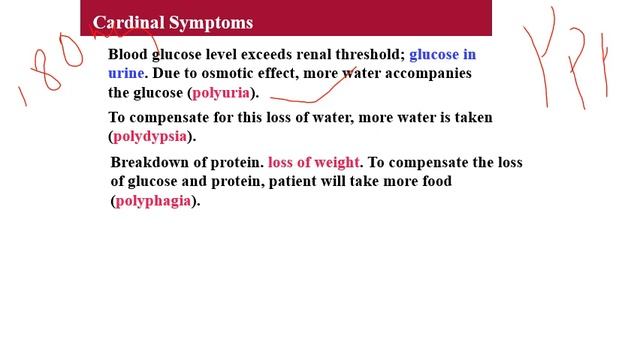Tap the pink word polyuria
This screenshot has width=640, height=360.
(221, 93)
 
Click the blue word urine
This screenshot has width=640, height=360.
(126, 74)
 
